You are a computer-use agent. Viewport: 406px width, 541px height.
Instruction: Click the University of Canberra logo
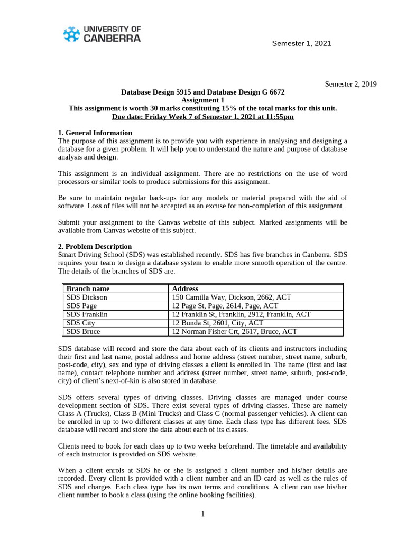point(101,34)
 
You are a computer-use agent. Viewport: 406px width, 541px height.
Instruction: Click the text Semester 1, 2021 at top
point(301,43)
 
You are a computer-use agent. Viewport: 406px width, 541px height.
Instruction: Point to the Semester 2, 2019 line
point(350,84)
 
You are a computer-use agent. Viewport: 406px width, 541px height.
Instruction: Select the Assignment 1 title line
point(202,100)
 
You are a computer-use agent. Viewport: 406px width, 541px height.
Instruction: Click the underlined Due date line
point(202,117)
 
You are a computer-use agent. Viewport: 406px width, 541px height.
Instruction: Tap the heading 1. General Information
point(95,133)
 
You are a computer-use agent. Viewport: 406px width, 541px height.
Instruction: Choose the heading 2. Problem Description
point(95,246)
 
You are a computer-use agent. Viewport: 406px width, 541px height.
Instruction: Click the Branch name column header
point(88,289)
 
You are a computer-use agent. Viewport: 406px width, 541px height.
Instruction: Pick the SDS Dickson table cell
point(87,297)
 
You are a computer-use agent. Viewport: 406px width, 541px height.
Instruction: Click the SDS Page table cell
point(82,306)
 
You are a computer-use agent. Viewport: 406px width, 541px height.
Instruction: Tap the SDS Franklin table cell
point(87,314)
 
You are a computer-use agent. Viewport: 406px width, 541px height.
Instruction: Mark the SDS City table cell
point(81,323)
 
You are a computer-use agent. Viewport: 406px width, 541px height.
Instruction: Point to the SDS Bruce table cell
point(84,332)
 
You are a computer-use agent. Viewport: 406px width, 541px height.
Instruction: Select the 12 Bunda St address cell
point(218,323)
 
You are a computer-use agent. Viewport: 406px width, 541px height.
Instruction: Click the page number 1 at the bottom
point(203,515)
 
